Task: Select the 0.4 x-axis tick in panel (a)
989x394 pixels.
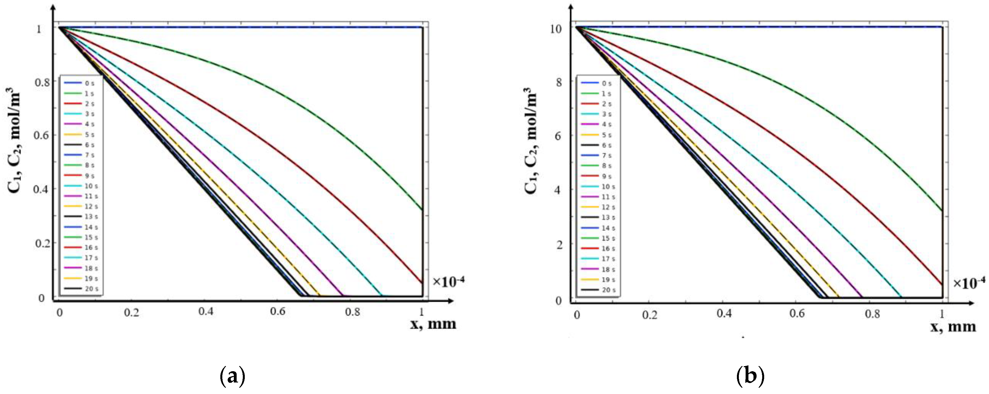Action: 206,311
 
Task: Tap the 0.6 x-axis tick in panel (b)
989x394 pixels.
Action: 797,314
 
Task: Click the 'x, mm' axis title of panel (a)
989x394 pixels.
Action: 433,324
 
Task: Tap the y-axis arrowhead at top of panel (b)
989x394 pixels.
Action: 571,8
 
